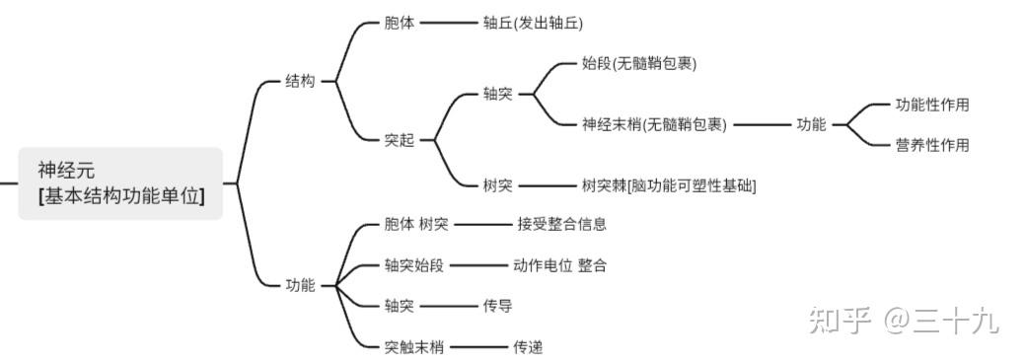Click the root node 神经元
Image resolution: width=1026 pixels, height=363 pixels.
click(120, 182)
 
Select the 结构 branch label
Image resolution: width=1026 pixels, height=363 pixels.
click(300, 82)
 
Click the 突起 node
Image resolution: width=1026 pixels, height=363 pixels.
click(400, 140)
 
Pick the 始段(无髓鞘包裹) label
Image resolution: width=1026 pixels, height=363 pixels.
click(638, 63)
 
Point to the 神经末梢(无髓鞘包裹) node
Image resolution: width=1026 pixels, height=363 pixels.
click(654, 124)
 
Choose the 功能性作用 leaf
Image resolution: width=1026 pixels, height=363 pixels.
click(931, 105)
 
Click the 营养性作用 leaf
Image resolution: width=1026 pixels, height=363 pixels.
click(931, 145)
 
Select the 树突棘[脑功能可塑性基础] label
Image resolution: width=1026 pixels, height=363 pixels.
click(669, 184)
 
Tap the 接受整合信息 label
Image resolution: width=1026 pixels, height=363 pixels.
click(561, 224)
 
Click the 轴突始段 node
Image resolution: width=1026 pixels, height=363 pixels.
click(414, 265)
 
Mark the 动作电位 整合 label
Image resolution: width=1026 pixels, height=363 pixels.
click(559, 265)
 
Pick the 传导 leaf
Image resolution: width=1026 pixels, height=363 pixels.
click(497, 306)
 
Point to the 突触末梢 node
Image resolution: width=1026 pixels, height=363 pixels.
click(414, 346)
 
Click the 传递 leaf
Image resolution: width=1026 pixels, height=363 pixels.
click(527, 346)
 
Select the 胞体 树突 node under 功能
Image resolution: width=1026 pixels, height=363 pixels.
click(415, 224)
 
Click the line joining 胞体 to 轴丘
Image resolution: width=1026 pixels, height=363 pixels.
click(448, 22)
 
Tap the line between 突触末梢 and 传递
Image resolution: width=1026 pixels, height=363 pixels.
click(477, 346)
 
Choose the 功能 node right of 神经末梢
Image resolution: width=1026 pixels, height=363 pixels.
click(811, 124)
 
